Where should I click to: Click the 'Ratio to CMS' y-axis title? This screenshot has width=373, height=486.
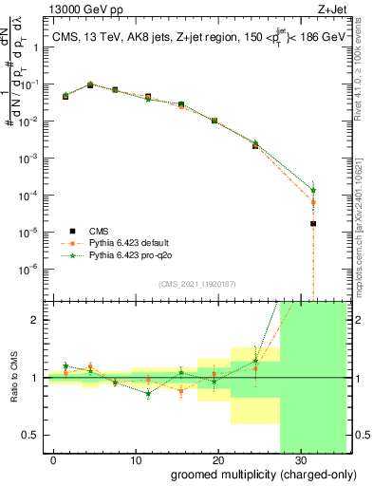pyautogui.click(x=12, y=378)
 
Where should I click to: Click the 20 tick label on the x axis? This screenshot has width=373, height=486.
pyautogui.click(x=217, y=460)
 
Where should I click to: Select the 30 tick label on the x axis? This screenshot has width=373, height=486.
pyautogui.click(x=299, y=460)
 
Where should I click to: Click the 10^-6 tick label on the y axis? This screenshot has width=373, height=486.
pyautogui.click(x=29, y=269)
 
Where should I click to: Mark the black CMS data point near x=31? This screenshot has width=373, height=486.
pyautogui.click(x=313, y=224)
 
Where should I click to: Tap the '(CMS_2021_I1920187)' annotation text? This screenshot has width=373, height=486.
pyautogui.click(x=197, y=283)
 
